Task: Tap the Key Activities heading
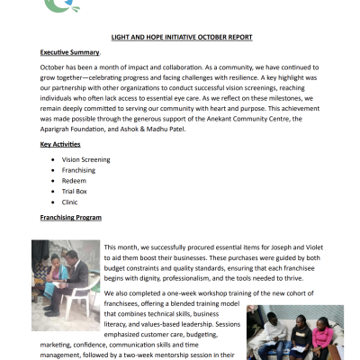pos(60,143)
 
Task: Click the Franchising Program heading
pos(71,218)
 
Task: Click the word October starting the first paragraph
pos(55,67)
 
